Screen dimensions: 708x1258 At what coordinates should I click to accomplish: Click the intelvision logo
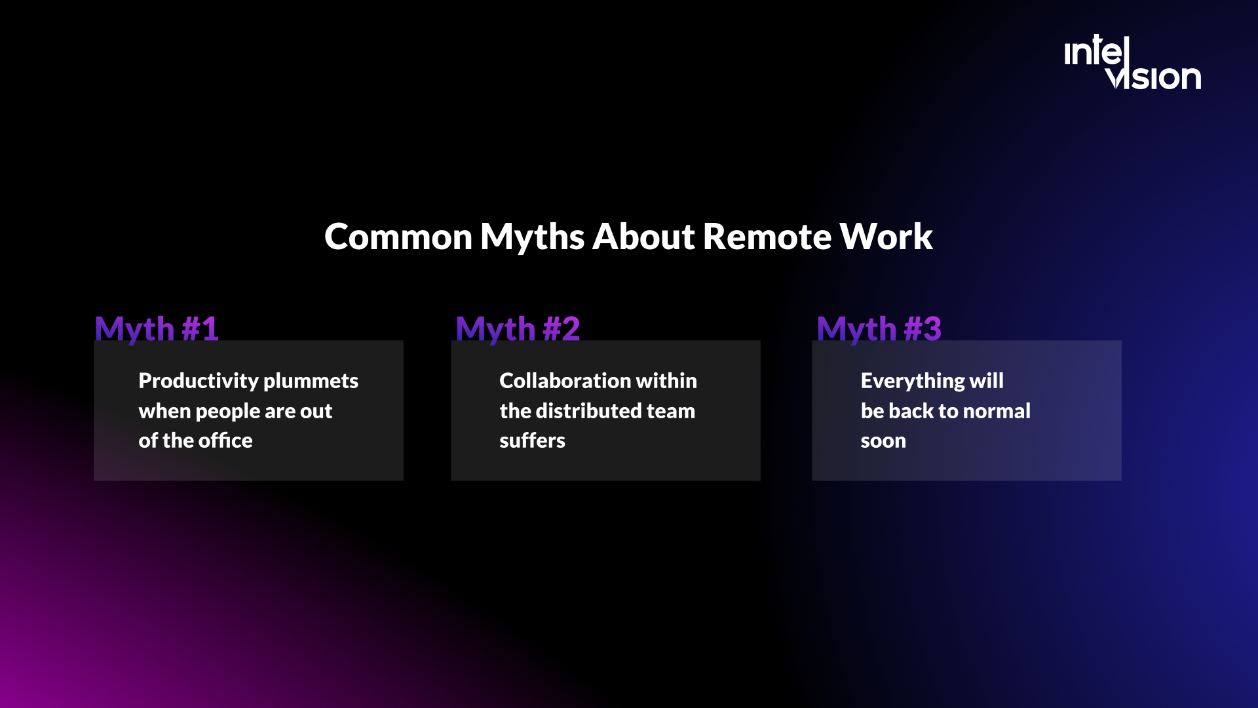coord(1132,64)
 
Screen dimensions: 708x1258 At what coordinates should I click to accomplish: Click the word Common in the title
coord(398,237)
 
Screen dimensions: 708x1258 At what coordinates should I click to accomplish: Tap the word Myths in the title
coord(532,237)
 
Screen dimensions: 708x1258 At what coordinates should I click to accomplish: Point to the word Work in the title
coord(886,237)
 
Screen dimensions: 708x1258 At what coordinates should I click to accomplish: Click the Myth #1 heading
coord(156,328)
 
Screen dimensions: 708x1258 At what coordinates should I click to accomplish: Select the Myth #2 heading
coord(518,328)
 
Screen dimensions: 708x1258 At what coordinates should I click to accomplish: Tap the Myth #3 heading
coord(879,328)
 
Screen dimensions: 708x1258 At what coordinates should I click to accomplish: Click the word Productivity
coord(199,381)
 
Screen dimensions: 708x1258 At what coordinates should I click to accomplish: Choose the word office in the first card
coord(225,441)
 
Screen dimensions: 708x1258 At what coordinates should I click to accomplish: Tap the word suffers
coord(532,441)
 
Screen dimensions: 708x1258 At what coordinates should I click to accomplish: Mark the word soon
coord(883,441)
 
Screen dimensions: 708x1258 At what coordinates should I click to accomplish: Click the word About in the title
coord(643,237)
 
